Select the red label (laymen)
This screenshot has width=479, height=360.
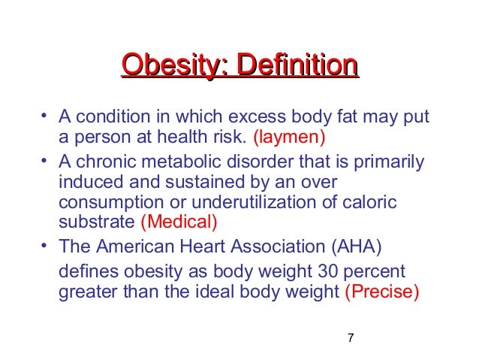289,138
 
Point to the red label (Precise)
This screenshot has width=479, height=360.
381,292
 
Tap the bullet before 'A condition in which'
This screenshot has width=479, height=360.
44,117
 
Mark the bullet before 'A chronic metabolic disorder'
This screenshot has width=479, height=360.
44,159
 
